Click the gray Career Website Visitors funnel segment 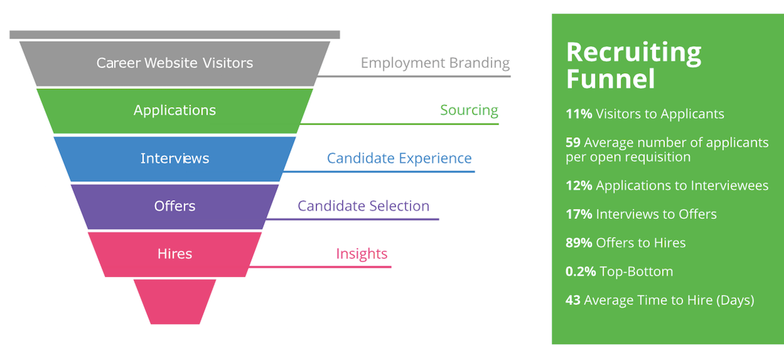point(174,63)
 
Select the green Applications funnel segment point(174,110)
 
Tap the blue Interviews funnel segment point(174,159)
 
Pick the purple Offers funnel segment point(174,206)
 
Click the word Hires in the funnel point(174,254)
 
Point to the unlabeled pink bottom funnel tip point(174,302)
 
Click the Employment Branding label point(435,63)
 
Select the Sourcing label point(469,110)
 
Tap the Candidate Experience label point(399,159)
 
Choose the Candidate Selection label point(363,206)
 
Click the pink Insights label point(361,254)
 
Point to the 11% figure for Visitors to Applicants point(579,114)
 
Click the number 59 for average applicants point(573,142)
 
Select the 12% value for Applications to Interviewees point(579,186)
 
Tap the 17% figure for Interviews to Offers point(579,214)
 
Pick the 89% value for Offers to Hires point(579,243)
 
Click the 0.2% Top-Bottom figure point(581,272)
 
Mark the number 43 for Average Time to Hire point(573,301)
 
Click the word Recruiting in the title point(634,53)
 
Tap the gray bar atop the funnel point(174,35)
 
